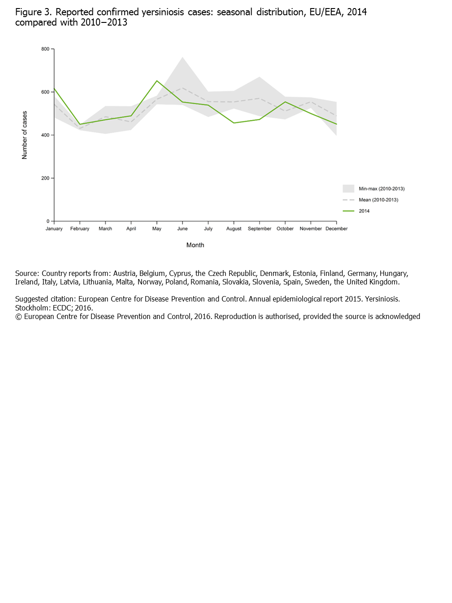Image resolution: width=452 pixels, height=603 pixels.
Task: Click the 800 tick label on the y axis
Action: coord(45,49)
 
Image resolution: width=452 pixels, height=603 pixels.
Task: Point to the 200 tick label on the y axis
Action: coord(45,178)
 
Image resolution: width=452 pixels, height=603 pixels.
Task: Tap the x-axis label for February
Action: coord(80,229)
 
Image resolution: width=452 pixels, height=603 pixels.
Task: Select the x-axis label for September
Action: coord(259,229)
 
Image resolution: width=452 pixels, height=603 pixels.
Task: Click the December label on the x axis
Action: coord(336,229)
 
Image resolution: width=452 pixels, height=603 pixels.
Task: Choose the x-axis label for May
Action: coord(156,229)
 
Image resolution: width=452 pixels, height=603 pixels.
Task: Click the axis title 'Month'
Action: coord(195,245)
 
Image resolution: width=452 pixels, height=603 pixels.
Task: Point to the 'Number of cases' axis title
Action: coord(25,135)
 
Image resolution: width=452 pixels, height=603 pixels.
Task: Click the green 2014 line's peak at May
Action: coord(156,81)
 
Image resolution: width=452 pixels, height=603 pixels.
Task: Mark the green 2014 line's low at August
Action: coord(234,123)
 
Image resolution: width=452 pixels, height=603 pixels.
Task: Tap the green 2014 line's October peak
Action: coord(285,102)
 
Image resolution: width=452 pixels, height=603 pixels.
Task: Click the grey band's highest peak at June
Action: coord(182,57)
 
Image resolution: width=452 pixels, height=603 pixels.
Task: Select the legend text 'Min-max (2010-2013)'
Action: coord(382,189)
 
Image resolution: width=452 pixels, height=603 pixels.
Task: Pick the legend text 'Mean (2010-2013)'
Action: coord(378,200)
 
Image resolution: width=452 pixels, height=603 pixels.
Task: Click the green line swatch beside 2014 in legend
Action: coord(348,211)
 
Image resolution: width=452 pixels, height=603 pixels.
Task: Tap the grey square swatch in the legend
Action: coord(348,188)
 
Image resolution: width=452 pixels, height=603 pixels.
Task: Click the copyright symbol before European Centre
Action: coord(18,317)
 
